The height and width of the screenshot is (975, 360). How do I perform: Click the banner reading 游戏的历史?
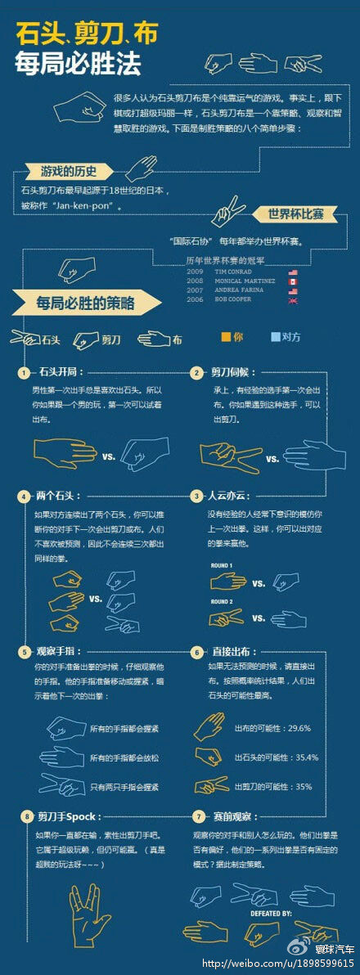point(69,171)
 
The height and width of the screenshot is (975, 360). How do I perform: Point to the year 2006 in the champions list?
point(195,299)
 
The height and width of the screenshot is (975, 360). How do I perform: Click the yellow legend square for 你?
point(226,337)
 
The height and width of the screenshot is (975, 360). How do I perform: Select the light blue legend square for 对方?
point(274,337)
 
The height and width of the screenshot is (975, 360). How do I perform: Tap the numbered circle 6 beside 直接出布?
point(196,653)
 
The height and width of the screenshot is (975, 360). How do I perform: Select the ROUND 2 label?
point(222,602)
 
